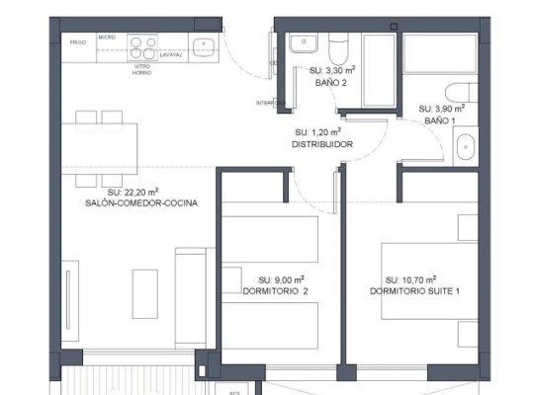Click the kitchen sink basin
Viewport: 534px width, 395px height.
pos(205,43)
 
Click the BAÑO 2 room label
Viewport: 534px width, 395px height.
pos(330,84)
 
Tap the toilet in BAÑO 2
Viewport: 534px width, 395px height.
pos(338,47)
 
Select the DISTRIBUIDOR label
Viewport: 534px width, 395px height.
pos(322,144)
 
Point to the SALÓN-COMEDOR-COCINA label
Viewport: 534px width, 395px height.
pos(141,203)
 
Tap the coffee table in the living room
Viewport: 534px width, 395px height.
pos(144,292)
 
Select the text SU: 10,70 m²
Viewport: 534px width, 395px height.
pos(411,279)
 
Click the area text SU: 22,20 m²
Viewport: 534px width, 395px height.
pos(133,192)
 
